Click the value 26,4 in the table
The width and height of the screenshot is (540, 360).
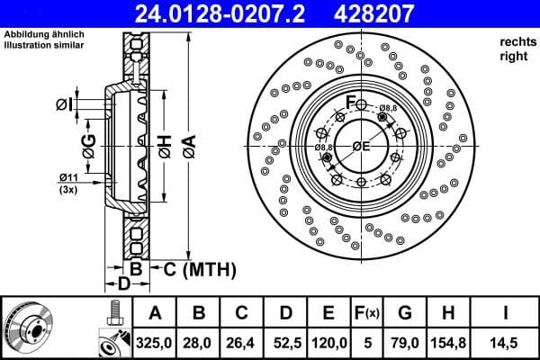click(242, 342)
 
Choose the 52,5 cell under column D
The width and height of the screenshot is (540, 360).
click(285, 342)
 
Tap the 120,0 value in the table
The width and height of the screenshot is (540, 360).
click(328, 342)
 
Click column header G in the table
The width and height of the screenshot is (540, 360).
click(404, 313)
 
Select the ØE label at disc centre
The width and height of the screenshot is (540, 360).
click(361, 146)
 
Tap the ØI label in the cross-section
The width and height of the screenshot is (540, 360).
click(63, 104)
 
